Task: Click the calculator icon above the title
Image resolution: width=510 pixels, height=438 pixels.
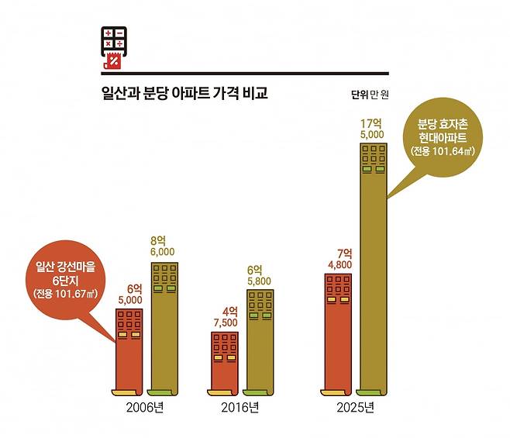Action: coord(113,49)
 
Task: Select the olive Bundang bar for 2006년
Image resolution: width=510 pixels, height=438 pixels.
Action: coord(165,326)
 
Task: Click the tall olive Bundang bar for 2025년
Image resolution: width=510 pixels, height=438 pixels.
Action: coord(376,264)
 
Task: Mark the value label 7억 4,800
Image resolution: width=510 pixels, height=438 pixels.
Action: coord(339,258)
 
